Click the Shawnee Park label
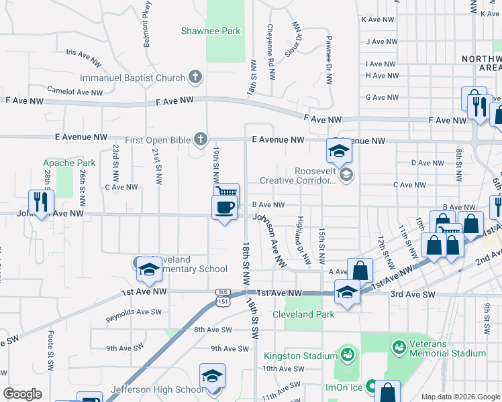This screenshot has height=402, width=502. [211, 31]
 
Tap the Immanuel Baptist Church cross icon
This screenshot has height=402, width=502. [195, 78]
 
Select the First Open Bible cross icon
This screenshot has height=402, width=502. [200, 139]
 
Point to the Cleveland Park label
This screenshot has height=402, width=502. [303, 314]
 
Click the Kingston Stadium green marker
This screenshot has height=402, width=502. [347, 353]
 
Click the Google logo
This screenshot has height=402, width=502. [22, 394]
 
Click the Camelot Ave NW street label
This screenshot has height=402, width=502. [74, 90]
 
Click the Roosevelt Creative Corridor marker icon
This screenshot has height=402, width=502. [346, 176]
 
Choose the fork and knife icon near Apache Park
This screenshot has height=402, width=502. [41, 202]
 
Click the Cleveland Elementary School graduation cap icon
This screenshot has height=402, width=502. [148, 271]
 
